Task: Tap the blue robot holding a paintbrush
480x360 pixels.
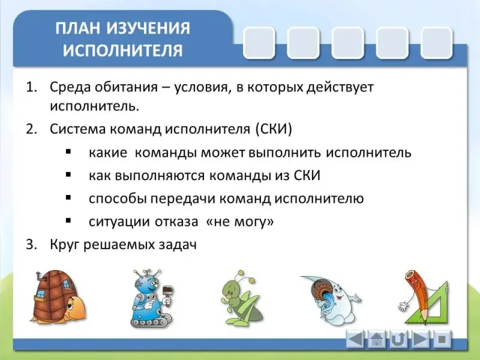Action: (x=151, y=298)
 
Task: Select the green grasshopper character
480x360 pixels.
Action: (x=241, y=297)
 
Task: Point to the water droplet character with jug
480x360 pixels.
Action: (x=331, y=299)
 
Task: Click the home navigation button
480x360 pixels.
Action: (x=377, y=339)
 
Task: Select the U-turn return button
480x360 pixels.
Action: (x=398, y=339)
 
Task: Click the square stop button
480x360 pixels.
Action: (x=442, y=339)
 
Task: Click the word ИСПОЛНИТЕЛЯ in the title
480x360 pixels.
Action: (x=123, y=50)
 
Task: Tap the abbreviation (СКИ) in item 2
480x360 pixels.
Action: (x=274, y=129)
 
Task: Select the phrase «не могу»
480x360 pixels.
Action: (x=240, y=221)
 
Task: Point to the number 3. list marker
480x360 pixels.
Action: (x=31, y=245)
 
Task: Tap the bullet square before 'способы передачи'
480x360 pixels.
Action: (x=68, y=198)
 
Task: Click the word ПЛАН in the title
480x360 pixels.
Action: (x=78, y=28)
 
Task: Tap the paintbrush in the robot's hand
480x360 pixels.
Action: (x=168, y=293)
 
